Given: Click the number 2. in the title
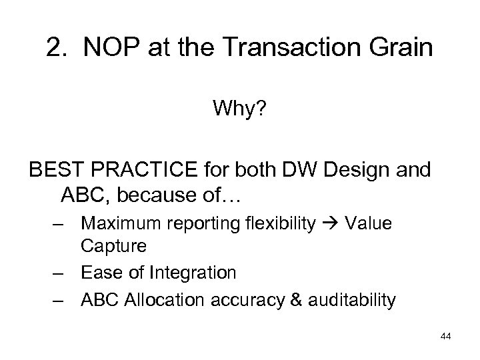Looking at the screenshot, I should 57,49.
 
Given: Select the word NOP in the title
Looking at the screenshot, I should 109,49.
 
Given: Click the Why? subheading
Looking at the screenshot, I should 239,109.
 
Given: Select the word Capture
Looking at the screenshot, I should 114,246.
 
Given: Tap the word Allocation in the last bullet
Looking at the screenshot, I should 175,299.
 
